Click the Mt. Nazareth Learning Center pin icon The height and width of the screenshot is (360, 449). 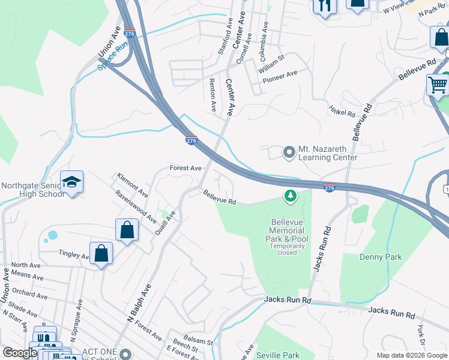289,152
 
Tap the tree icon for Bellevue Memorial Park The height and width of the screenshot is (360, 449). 291,196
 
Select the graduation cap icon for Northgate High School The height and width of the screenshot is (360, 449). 71,182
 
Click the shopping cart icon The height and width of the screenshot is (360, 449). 438,85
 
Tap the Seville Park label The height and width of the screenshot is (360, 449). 277,355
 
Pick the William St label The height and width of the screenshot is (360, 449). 271,63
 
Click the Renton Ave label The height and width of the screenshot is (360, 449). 212,95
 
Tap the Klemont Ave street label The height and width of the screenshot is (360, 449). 133,185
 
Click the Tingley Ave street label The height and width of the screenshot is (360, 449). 74,254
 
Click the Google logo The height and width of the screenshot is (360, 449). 20,353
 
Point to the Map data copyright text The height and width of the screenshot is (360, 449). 411,355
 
